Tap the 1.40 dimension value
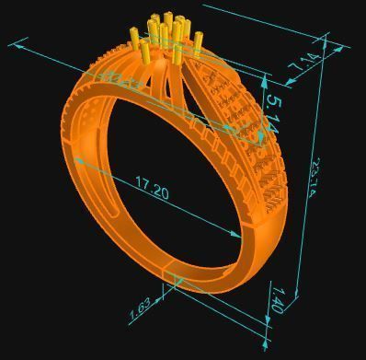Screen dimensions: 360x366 277,300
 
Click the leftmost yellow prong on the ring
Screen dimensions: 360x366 136,41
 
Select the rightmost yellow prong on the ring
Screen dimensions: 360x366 199,41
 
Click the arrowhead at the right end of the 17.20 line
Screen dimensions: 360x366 241,236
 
